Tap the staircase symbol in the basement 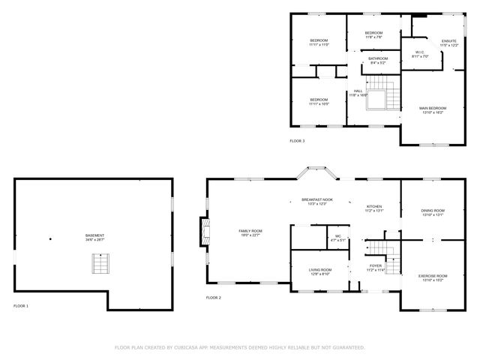point(100,264)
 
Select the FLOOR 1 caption point(21,306)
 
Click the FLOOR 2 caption point(214,298)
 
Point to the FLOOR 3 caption point(297,140)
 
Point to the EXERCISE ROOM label point(433,277)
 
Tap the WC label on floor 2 point(337,238)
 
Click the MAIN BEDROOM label point(431,110)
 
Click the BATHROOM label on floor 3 point(378,60)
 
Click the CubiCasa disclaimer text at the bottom point(239,347)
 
